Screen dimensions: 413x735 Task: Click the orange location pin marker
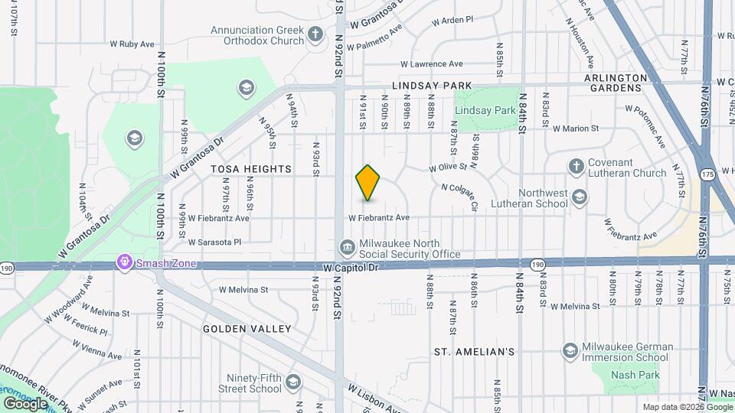click(368, 183)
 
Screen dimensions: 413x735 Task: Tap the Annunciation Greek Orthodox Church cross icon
click(315, 34)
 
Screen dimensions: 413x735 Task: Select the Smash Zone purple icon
click(123, 263)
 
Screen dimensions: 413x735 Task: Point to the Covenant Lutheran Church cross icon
click(577, 165)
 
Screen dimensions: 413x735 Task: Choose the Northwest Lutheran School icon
click(580, 197)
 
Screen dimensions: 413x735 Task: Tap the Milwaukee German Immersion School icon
click(570, 350)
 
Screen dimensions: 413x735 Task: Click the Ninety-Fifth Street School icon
click(292, 382)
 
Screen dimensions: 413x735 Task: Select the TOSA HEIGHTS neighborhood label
click(253, 168)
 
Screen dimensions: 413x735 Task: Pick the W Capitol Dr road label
click(351, 268)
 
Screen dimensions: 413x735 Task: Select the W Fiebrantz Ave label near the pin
click(379, 218)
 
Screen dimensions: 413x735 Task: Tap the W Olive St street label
click(448, 167)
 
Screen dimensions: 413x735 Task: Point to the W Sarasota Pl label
click(215, 242)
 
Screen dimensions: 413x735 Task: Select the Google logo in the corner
click(25, 403)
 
